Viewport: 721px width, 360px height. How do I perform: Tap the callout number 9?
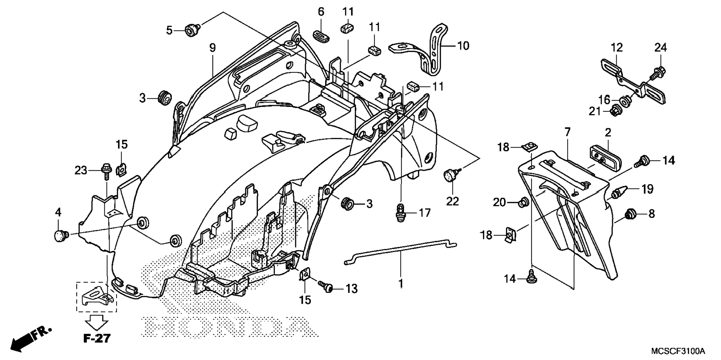click(x=212, y=48)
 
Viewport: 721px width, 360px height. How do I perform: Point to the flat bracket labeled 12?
click(x=633, y=80)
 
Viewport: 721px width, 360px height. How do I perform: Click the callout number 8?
click(x=651, y=214)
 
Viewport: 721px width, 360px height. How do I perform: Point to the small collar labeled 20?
click(x=523, y=202)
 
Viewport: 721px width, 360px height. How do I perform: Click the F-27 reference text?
click(x=97, y=338)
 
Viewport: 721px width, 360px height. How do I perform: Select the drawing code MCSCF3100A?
click(x=678, y=351)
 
